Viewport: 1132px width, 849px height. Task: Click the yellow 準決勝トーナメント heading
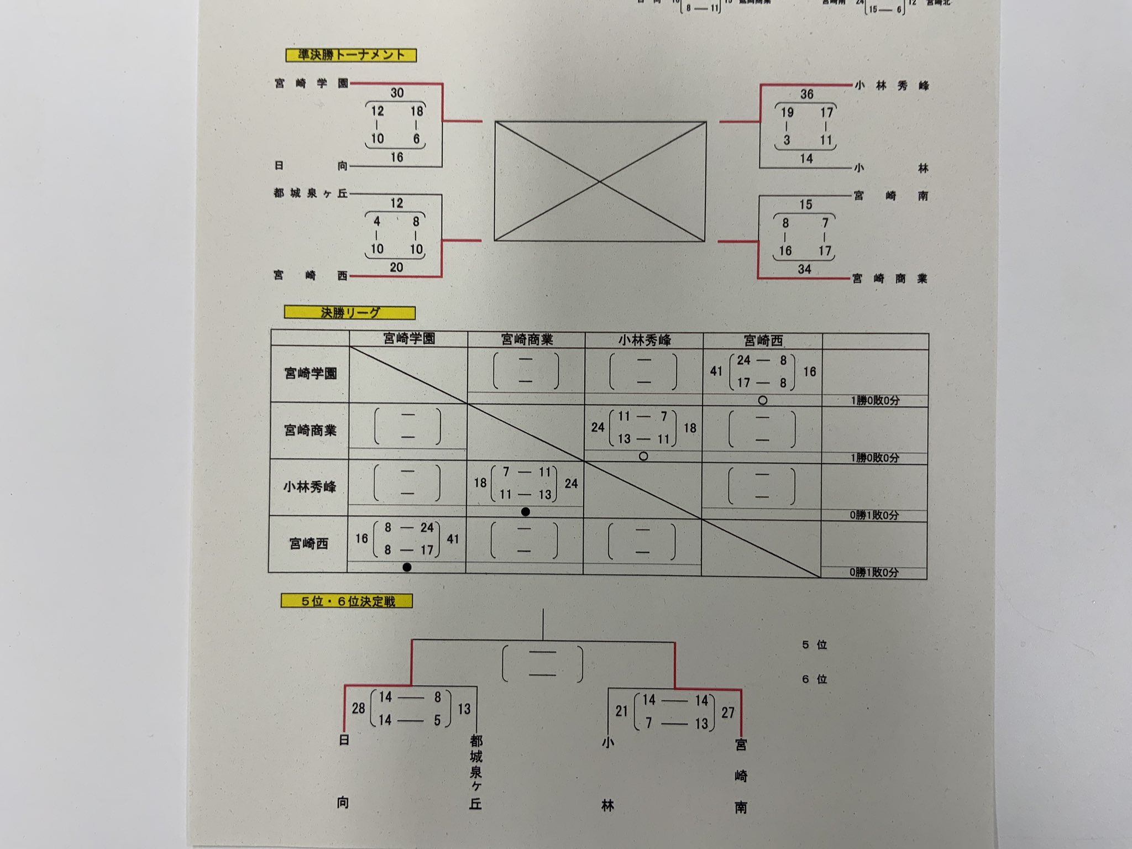[351, 55]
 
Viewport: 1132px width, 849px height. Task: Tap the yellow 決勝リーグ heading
[350, 313]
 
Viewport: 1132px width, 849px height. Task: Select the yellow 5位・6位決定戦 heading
[347, 601]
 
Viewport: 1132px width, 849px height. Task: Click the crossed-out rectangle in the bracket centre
[600, 181]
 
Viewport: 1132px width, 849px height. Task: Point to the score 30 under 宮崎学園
[397, 93]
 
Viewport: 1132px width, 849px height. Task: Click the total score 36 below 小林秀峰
[806, 94]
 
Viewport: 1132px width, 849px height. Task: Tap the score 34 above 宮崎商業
[804, 269]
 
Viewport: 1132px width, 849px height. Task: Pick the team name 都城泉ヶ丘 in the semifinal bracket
[311, 193]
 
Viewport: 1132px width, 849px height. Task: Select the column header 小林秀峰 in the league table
[644, 340]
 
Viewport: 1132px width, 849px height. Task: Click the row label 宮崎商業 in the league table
[310, 431]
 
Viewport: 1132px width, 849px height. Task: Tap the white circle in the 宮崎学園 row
[763, 400]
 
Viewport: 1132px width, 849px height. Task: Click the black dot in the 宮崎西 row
[407, 567]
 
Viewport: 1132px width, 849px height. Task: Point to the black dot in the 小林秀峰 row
[526, 512]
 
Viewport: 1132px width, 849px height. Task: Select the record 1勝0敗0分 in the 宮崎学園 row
[875, 400]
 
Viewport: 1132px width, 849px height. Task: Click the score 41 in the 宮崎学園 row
[716, 371]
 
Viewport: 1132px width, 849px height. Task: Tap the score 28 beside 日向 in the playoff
[358, 708]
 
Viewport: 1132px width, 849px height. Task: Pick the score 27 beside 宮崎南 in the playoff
[728, 712]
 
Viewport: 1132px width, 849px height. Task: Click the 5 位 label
[814, 645]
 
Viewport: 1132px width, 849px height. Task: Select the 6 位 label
[814, 679]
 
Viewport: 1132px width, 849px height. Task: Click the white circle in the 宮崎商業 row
[643, 457]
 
